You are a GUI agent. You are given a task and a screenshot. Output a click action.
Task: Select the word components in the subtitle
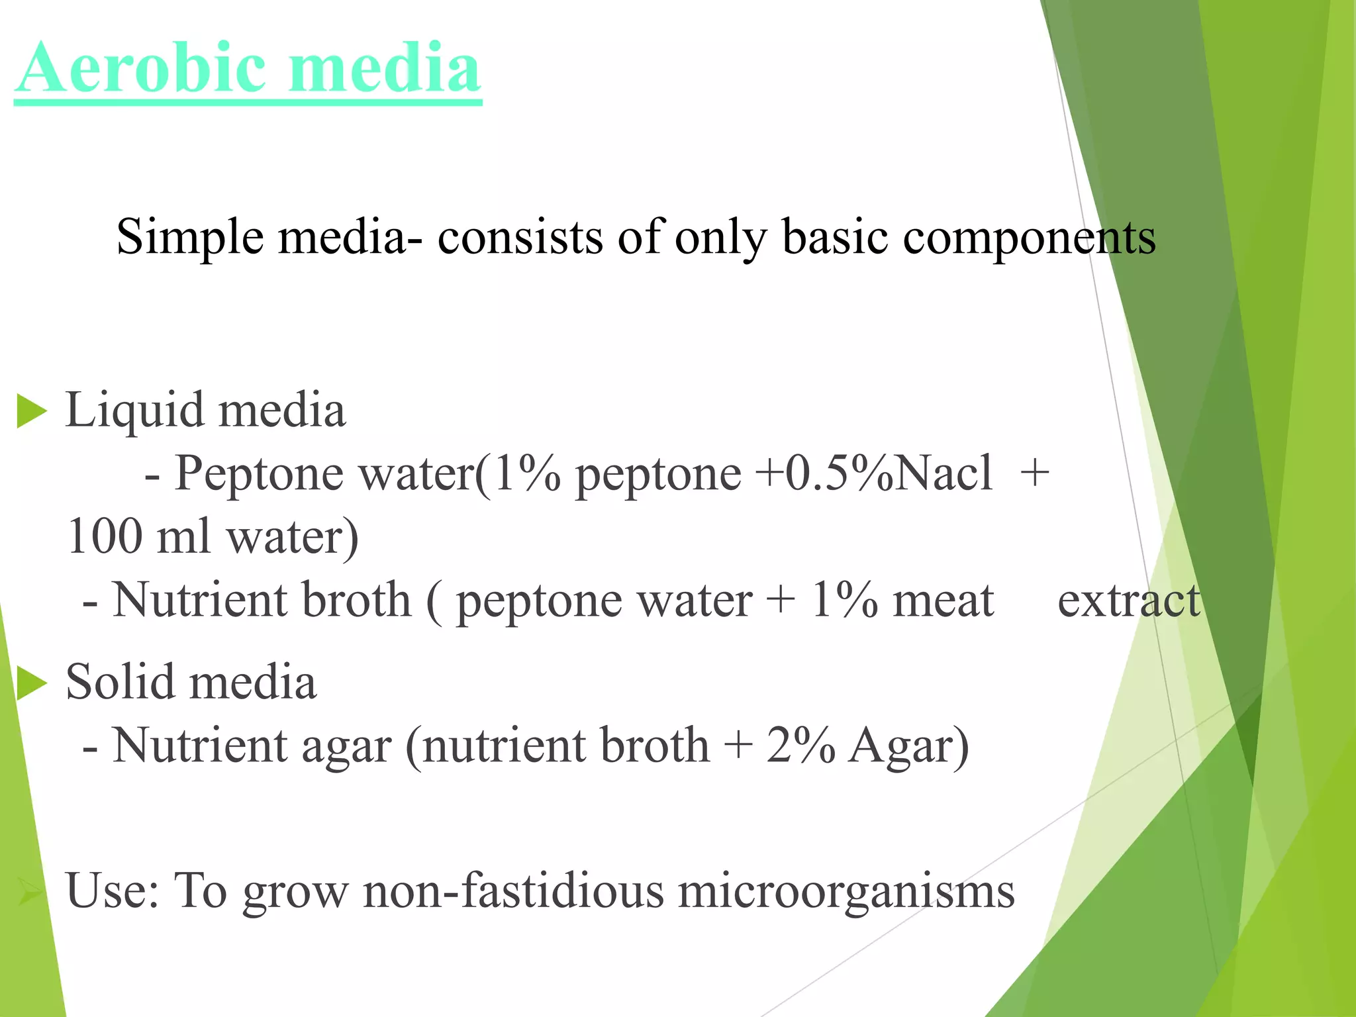[x=1030, y=236]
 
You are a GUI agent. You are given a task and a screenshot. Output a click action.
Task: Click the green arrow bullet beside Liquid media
[x=31, y=411]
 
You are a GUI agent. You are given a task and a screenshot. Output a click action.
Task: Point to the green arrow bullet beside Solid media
[x=31, y=683]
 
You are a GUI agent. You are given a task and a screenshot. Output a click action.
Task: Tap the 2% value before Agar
[x=800, y=746]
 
